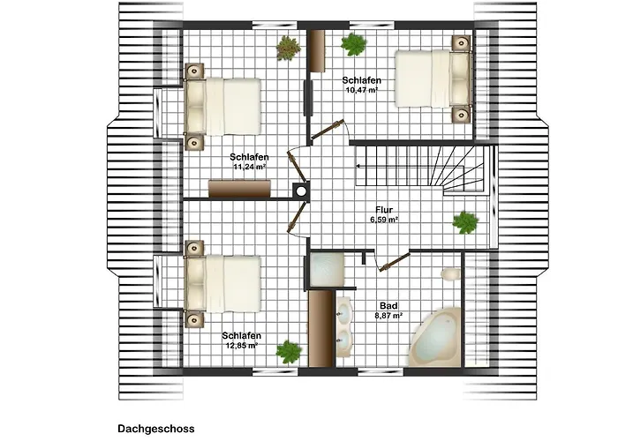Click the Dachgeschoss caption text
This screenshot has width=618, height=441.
(x=156, y=429)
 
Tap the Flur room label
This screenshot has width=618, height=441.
(x=384, y=210)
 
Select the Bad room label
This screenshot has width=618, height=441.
(x=388, y=306)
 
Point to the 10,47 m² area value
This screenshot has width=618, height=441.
(x=361, y=90)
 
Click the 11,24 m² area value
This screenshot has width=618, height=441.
(x=249, y=167)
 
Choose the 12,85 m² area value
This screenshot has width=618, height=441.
(x=242, y=346)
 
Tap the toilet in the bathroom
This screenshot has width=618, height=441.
(x=451, y=274)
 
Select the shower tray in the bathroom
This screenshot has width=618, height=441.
(x=327, y=270)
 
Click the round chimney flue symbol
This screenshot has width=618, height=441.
(x=301, y=191)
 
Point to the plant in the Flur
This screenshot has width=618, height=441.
(x=465, y=223)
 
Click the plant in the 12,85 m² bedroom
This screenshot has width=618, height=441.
(x=289, y=352)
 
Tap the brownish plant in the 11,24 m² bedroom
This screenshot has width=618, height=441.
(x=289, y=48)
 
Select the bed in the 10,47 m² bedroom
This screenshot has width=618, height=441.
(x=433, y=78)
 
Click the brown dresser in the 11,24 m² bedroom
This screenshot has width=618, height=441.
(x=239, y=189)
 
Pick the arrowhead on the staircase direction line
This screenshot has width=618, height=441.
(x=358, y=166)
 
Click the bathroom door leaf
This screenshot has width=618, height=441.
(x=395, y=262)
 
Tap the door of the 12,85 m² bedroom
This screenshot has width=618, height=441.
(x=298, y=217)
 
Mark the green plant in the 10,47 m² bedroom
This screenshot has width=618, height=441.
(x=354, y=44)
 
